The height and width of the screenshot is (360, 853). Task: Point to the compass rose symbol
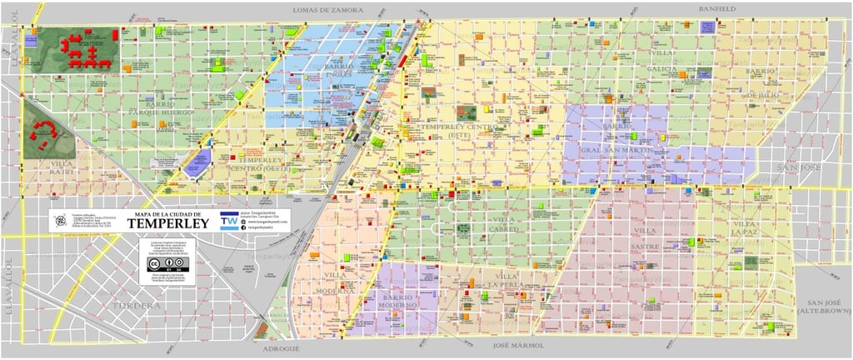pos(59,221)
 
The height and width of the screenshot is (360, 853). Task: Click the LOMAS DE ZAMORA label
pos(328,9)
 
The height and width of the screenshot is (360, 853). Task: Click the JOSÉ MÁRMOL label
pos(518,344)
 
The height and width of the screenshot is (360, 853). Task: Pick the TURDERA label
pos(133,306)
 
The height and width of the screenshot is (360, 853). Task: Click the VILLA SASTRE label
pos(645,237)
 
